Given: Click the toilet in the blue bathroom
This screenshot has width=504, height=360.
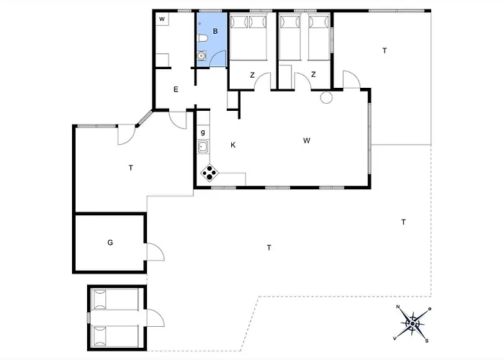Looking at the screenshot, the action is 202,39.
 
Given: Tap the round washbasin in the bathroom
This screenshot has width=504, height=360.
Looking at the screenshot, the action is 202,56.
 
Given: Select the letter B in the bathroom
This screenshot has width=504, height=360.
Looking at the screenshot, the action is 215,31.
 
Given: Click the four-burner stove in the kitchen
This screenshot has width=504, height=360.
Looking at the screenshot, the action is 210,174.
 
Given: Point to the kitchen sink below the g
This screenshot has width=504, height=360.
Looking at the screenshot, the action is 203,147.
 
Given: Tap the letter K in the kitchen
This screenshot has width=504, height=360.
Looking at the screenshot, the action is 233,145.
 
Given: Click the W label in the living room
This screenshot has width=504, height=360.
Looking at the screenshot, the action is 307,140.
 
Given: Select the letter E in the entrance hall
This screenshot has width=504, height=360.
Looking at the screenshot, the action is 176,89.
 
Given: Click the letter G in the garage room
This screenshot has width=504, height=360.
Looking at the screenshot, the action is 110,243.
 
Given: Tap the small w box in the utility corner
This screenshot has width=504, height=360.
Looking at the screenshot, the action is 162,19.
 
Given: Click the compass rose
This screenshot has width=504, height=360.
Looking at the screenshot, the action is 413,323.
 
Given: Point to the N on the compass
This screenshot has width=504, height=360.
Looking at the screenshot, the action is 398,307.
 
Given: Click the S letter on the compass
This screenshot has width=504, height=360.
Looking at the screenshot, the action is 427,341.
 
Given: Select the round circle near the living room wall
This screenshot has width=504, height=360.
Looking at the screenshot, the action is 326,98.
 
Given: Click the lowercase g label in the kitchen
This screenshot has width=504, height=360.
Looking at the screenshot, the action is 203,132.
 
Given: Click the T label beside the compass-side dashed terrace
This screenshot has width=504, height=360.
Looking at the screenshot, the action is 403,222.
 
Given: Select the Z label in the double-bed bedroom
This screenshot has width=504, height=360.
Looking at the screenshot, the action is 252,75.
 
